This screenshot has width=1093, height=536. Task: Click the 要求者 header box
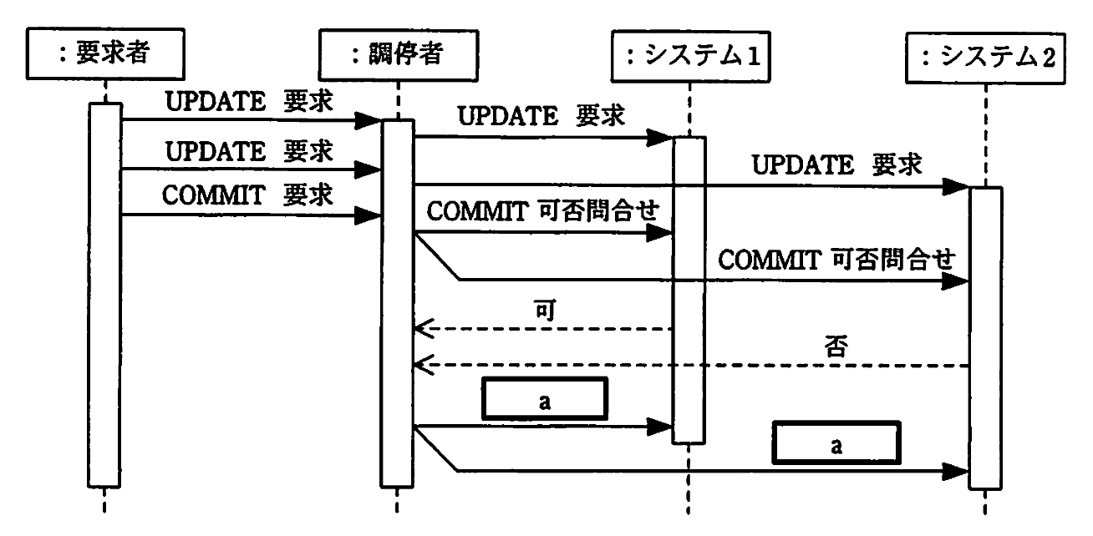104,56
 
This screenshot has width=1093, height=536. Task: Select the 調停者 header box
398,56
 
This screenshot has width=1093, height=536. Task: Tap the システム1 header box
689,56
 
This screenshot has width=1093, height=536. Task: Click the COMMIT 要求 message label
247,195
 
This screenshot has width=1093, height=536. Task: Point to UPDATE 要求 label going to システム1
541,116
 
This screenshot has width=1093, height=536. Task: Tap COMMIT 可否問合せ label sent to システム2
835,259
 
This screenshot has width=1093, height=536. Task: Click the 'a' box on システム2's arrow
836,443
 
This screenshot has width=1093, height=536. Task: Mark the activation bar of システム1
689,292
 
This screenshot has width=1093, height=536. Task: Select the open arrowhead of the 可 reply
423,329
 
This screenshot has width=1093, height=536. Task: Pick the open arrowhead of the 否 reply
423,365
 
